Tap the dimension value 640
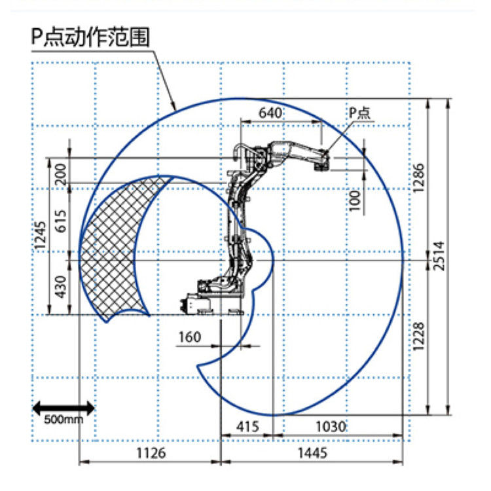270,113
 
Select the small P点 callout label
359,113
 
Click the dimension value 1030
330,427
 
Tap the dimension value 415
247,427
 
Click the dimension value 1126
151,452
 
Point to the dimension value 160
189,337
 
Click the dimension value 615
60,223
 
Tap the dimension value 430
60,287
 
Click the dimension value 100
355,200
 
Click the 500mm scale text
64,420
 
